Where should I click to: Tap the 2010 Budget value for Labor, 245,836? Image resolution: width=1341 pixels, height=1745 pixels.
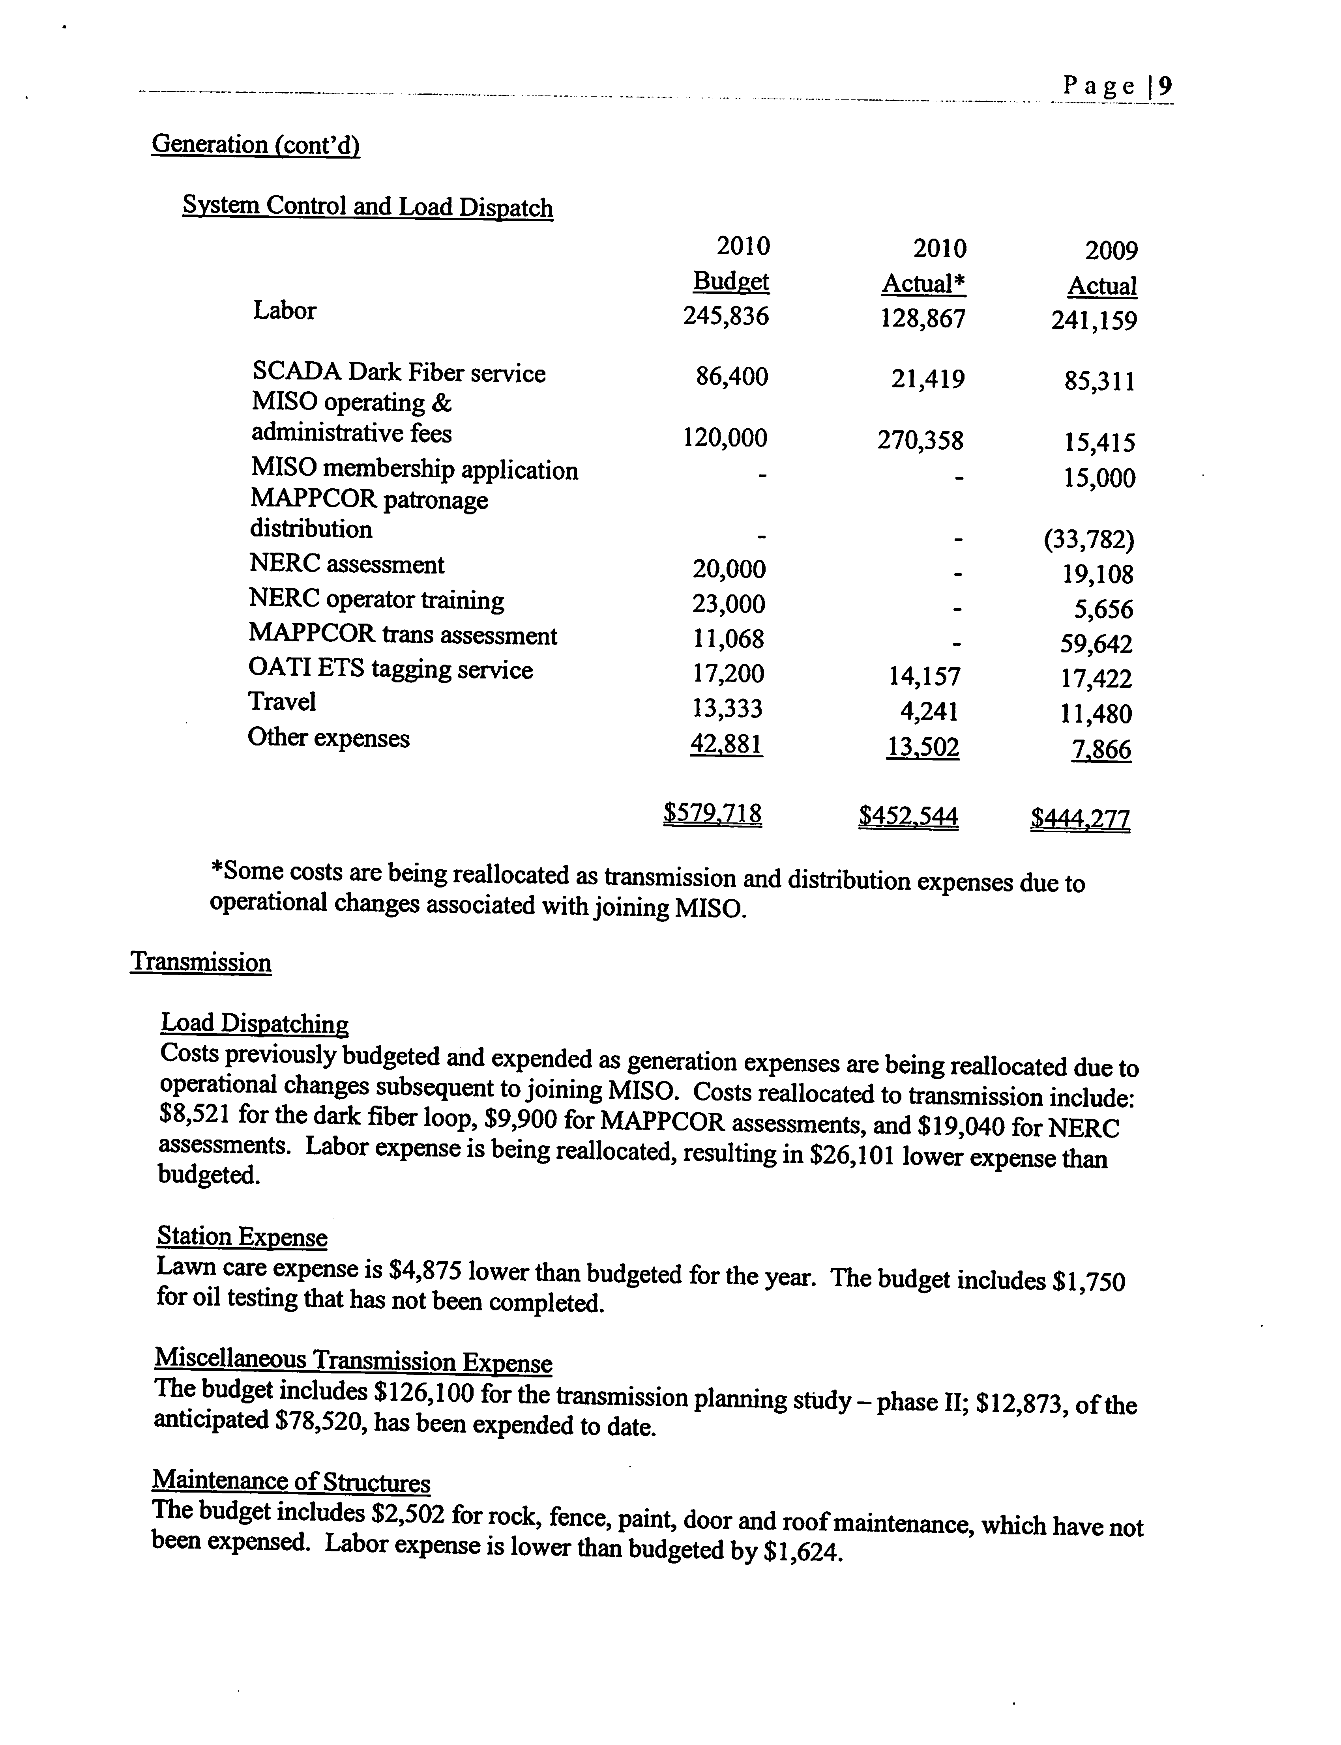click(726, 316)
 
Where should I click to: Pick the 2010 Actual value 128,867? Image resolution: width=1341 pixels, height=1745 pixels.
click(923, 319)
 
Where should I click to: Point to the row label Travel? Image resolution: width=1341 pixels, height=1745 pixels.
click(282, 701)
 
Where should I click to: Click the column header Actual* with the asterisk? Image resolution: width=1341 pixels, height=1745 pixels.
click(923, 283)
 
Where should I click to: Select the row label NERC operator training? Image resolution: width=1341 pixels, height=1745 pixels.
click(376, 599)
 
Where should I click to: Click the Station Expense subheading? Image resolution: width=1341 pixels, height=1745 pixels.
click(242, 1237)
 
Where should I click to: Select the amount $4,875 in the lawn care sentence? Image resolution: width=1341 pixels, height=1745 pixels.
click(425, 1269)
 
